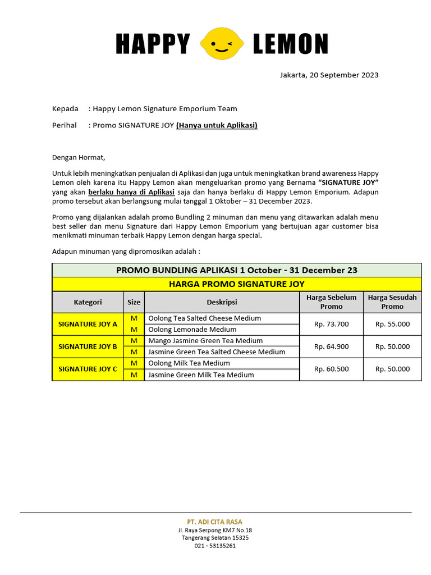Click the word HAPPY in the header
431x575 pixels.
153,44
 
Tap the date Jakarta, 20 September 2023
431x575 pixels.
329,75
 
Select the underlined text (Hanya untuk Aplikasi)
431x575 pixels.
217,125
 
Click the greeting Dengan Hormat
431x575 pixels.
79,157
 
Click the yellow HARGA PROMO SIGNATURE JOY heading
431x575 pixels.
236,284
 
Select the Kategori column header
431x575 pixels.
88,302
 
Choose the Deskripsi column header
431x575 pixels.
222,302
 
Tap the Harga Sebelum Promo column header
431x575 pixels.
331,302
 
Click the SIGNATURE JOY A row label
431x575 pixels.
88,324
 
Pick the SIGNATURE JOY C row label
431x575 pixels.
88,369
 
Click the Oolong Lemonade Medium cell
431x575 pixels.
192,330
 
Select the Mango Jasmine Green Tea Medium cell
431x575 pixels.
205,341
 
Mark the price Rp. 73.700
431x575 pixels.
331,324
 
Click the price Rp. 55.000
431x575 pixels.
392,324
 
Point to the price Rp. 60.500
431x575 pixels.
331,369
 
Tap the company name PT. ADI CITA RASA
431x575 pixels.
215,522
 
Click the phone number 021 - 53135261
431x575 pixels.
215,545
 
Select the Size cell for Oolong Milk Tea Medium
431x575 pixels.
134,363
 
